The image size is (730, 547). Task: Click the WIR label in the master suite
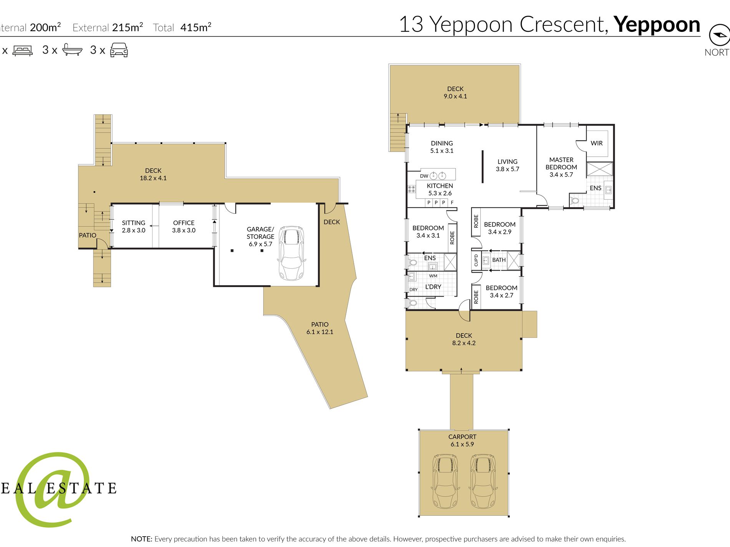tap(596, 143)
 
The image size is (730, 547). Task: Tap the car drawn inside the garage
tap(292, 253)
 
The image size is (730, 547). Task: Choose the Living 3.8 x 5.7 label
tap(507, 165)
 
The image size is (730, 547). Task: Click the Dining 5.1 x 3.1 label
tap(442, 147)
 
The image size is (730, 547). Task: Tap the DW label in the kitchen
tap(424, 176)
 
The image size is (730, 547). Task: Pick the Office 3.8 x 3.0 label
tap(184, 226)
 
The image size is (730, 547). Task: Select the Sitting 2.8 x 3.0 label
tap(133, 226)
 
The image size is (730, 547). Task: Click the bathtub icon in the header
tap(72, 50)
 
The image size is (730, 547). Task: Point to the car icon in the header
tap(119, 50)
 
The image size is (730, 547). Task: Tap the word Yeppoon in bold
tap(657, 25)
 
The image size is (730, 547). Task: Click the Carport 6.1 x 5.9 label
tap(462, 440)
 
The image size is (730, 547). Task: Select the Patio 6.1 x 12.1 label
tap(320, 328)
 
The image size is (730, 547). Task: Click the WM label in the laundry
tap(433, 276)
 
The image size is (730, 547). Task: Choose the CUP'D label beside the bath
tap(476, 260)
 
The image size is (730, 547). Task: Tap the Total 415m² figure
tap(182, 27)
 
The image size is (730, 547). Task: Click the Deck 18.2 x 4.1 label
tap(153, 174)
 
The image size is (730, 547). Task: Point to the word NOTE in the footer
tap(141, 539)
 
